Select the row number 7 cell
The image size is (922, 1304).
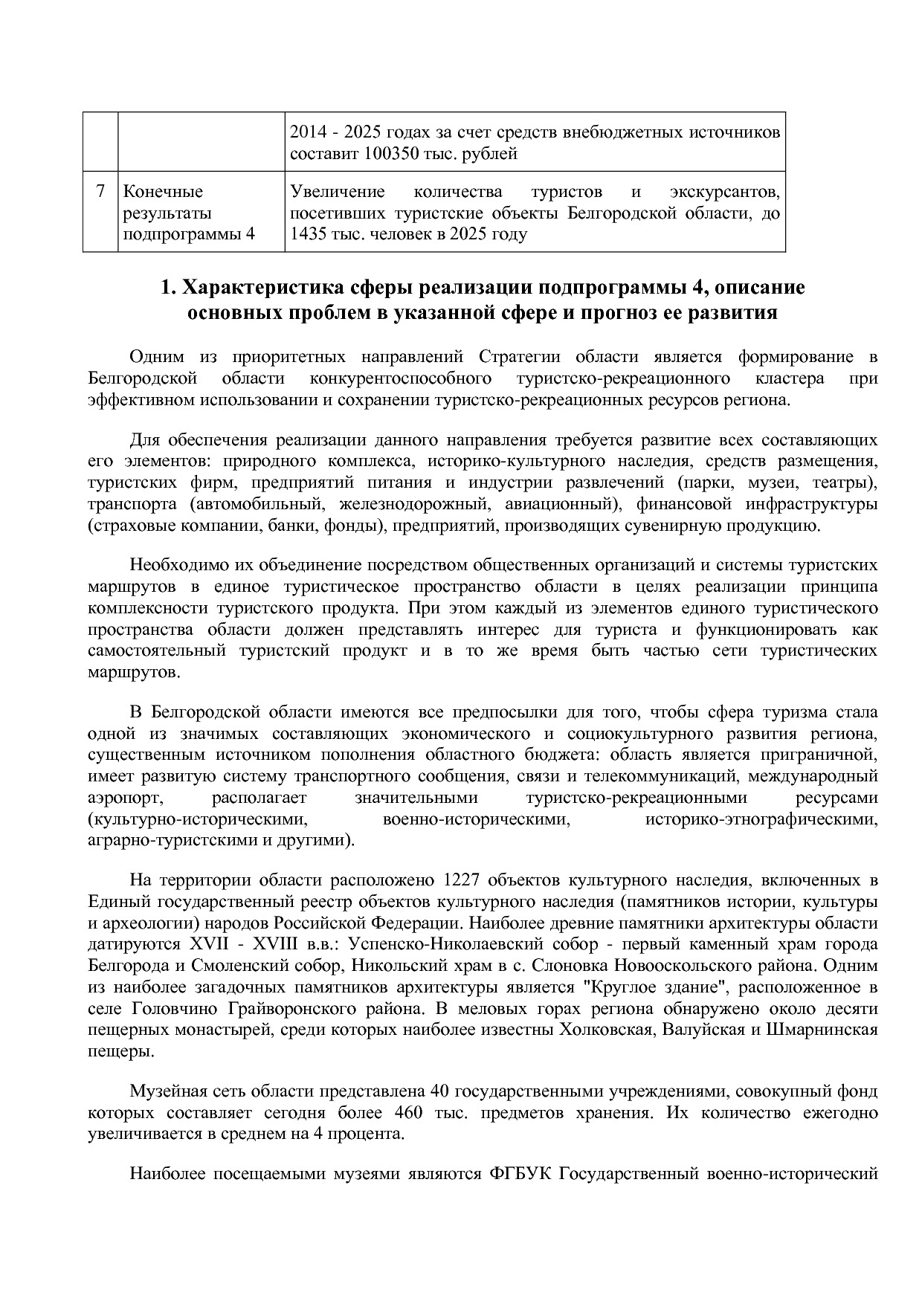[x=100, y=192]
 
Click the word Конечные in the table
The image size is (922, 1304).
[x=163, y=192]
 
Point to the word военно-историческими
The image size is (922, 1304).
[x=476, y=819]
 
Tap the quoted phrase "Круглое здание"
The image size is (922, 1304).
[x=648, y=987]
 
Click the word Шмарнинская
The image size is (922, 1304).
[x=822, y=1030]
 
